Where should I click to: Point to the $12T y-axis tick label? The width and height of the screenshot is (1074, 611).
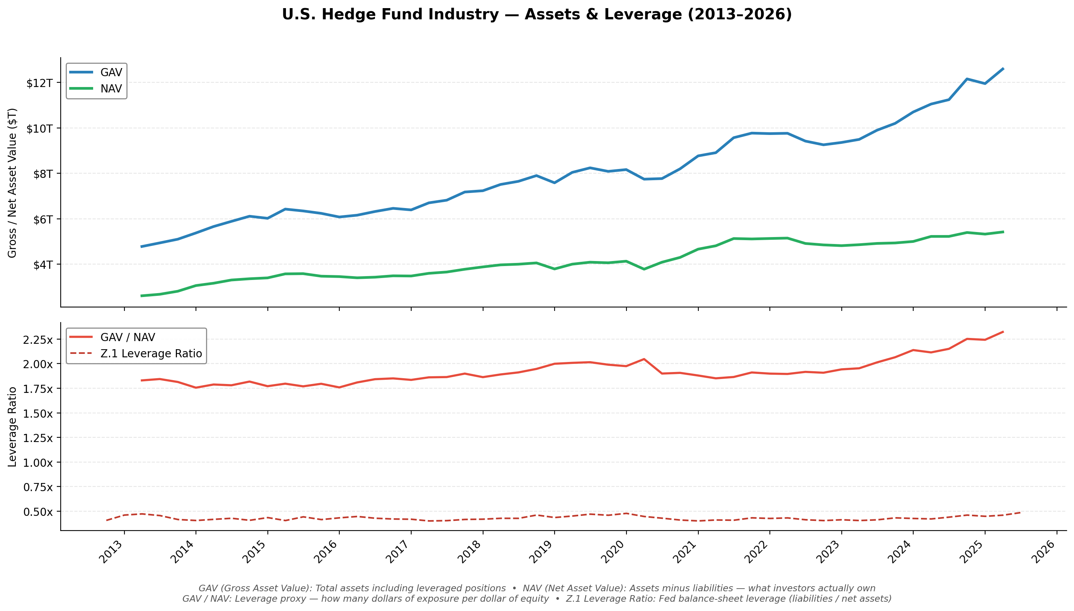[x=39, y=83]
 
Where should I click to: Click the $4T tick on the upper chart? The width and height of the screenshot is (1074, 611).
[x=43, y=265]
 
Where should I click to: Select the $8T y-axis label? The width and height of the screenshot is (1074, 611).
[x=43, y=174]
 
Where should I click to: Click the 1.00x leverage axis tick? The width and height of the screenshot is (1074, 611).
[x=38, y=463]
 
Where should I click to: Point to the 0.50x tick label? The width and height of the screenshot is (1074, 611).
[x=38, y=512]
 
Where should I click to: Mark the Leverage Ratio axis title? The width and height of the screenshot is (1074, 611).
[x=13, y=427]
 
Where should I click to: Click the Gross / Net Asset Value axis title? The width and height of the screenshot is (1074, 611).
[x=13, y=183]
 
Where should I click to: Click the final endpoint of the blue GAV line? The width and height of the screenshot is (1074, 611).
[x=1003, y=68]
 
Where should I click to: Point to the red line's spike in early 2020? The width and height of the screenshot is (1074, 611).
[x=644, y=359]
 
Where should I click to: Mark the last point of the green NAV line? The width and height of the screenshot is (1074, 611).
[x=1003, y=232]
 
